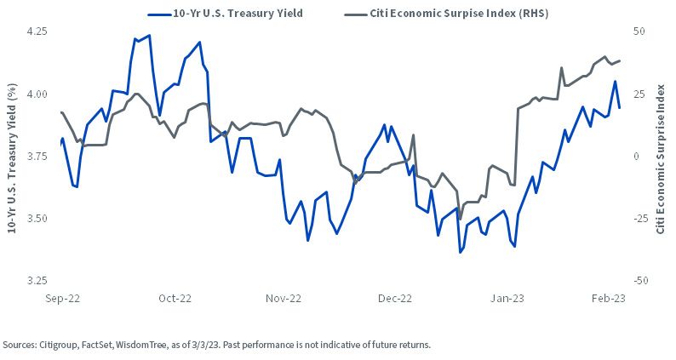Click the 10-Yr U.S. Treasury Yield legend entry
pyautogui.click(x=225, y=14)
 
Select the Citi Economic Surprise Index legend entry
pyautogui.click(x=446, y=14)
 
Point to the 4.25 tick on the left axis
pyautogui.click(x=37, y=31)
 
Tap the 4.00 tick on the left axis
pyautogui.click(x=37, y=94)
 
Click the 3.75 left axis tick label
pyautogui.click(x=37, y=156)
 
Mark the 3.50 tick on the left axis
pyautogui.click(x=37, y=218)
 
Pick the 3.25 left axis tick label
pyautogui.click(x=37, y=281)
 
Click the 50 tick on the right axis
pyautogui.click(x=639, y=31)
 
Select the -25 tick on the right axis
pyautogui.click(x=639, y=218)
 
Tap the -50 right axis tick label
pyautogui.click(x=639, y=281)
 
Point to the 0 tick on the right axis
pyautogui.click(x=636, y=156)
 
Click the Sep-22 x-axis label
pyautogui.click(x=62, y=299)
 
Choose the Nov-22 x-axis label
pyautogui.click(x=284, y=299)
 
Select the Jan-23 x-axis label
pyautogui.click(x=507, y=299)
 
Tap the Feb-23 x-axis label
pyautogui.click(x=608, y=299)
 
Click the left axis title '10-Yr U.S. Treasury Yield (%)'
pyautogui.click(x=12, y=157)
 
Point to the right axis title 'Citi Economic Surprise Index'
pyautogui.click(x=661, y=159)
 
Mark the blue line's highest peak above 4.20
pyautogui.click(x=149, y=36)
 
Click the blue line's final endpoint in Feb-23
pyautogui.click(x=620, y=108)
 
